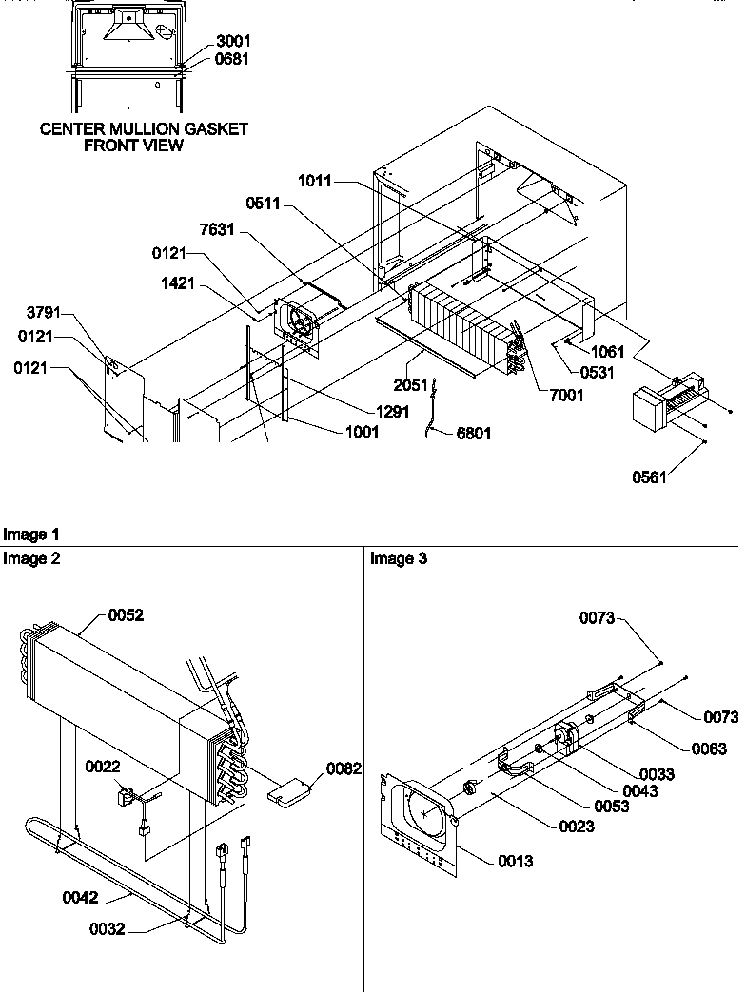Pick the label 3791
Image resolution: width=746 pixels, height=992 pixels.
(45, 312)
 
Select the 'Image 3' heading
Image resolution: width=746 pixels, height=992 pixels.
(399, 559)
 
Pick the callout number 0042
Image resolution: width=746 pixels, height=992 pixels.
(81, 894)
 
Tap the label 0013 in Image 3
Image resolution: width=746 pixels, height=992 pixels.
(514, 862)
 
